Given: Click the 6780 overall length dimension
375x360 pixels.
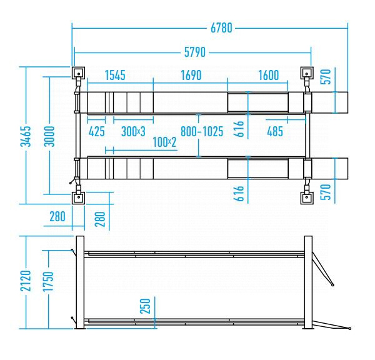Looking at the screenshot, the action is (221, 28).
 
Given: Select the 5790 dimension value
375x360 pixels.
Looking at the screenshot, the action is (194, 52).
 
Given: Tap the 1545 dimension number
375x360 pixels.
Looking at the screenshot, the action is (115, 75).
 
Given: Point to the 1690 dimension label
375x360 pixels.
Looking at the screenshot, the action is (191, 75).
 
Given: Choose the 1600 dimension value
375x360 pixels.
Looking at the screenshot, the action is (268, 75).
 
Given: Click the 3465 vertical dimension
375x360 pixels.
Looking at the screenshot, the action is (26, 136).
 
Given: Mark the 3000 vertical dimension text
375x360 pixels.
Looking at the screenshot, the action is (49, 136).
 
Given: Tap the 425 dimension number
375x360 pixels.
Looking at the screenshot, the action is (97, 131).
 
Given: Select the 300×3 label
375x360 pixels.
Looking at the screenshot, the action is (133, 131).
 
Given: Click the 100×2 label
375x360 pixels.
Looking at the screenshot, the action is (164, 142).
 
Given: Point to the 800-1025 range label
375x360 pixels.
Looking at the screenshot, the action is (202, 131).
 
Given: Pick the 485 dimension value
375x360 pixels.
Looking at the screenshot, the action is (275, 131).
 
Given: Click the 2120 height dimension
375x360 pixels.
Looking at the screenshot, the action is (26, 281).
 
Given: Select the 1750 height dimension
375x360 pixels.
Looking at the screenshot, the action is (48, 281).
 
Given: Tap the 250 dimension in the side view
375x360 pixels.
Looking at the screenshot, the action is (145, 306).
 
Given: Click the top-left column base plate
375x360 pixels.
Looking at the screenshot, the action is (79, 73).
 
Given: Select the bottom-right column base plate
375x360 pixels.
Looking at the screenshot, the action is (307, 198).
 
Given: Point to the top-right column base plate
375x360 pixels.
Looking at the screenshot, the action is (307, 73).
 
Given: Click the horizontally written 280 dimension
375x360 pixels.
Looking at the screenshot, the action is (57, 216).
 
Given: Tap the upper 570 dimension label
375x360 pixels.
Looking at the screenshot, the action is (326, 76).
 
